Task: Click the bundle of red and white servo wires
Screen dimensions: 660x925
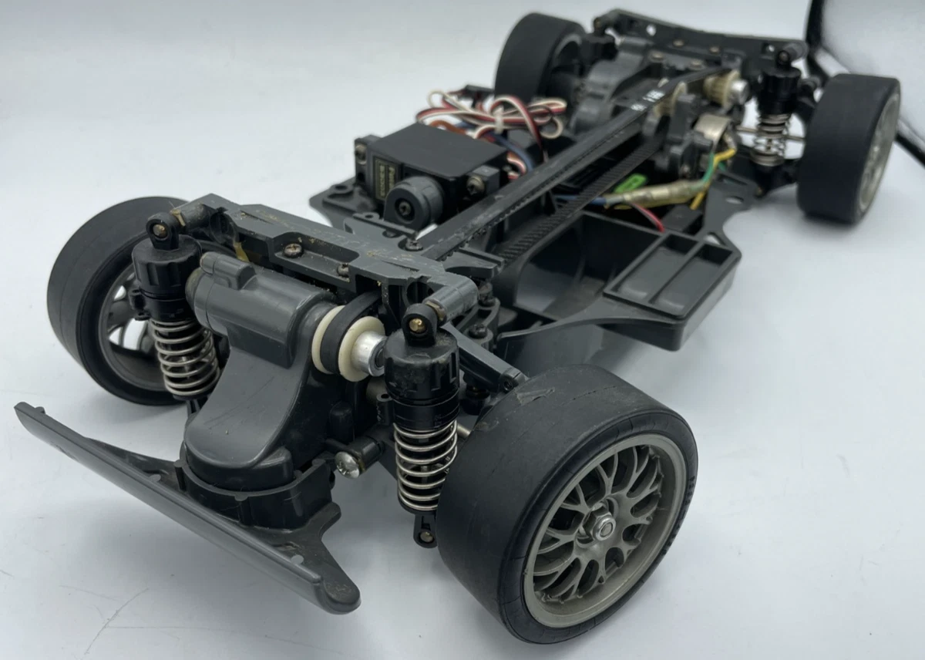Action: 493,116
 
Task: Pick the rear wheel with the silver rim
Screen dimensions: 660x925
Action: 848,150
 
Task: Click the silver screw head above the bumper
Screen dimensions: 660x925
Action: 347,463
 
